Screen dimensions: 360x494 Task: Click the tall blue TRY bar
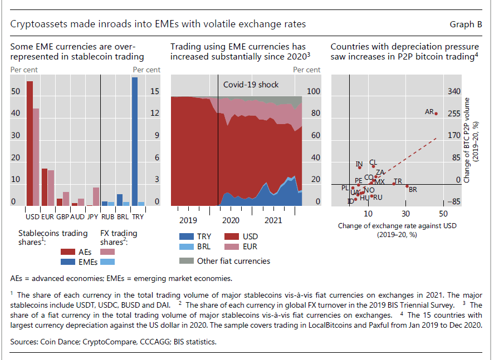(x=135, y=142)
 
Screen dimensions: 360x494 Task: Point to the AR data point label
(x=429, y=112)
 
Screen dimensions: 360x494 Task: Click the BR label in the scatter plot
(x=413, y=190)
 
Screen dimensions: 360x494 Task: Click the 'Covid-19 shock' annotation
(x=251, y=85)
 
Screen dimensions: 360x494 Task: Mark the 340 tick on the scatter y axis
(x=454, y=91)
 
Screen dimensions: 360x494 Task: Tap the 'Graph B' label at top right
(x=466, y=24)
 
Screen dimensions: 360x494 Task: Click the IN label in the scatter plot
(x=359, y=164)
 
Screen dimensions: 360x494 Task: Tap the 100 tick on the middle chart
(x=315, y=91)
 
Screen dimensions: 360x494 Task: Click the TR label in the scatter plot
(x=397, y=181)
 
